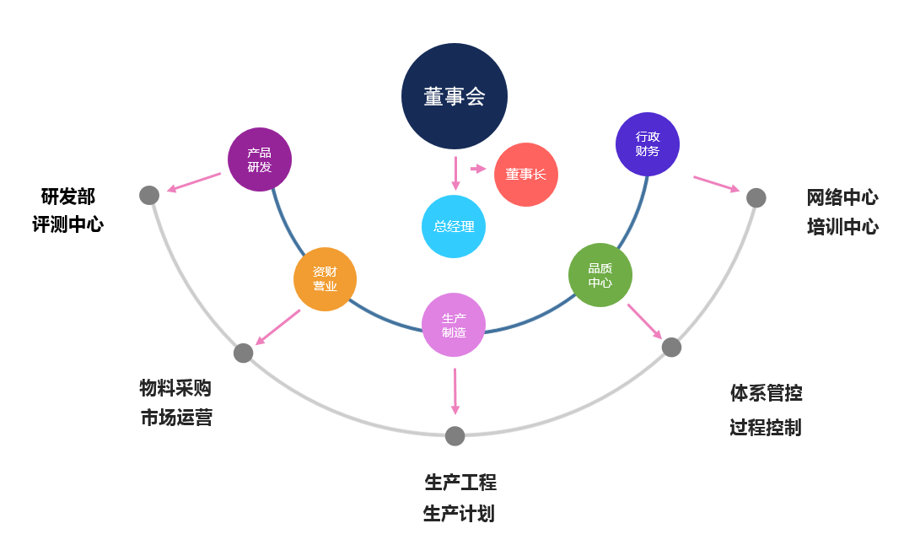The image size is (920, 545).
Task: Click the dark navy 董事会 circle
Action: (455, 96)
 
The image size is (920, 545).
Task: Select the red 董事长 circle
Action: (526, 175)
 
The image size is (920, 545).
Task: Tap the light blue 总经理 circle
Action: (454, 226)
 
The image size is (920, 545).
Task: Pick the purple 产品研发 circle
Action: (260, 159)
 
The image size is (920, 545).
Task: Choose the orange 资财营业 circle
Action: (325, 279)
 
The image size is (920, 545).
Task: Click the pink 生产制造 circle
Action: (454, 325)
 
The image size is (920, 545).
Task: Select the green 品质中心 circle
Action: (600, 275)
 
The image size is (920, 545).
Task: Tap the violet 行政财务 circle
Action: (648, 144)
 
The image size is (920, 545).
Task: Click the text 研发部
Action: (68, 197)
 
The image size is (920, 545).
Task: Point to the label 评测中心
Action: (68, 224)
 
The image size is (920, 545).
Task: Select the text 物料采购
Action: (175, 388)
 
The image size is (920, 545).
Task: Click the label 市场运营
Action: (176, 417)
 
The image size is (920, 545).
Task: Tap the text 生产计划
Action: (459, 514)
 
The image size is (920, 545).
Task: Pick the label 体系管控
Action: (766, 392)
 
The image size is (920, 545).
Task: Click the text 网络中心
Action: (842, 197)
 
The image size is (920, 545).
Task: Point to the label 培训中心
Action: (842, 226)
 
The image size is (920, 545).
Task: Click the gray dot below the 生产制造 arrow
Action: (455, 436)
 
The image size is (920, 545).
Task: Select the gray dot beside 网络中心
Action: (756, 197)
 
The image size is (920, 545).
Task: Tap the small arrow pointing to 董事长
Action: (478, 169)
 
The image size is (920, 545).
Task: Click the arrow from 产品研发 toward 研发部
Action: (194, 182)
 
